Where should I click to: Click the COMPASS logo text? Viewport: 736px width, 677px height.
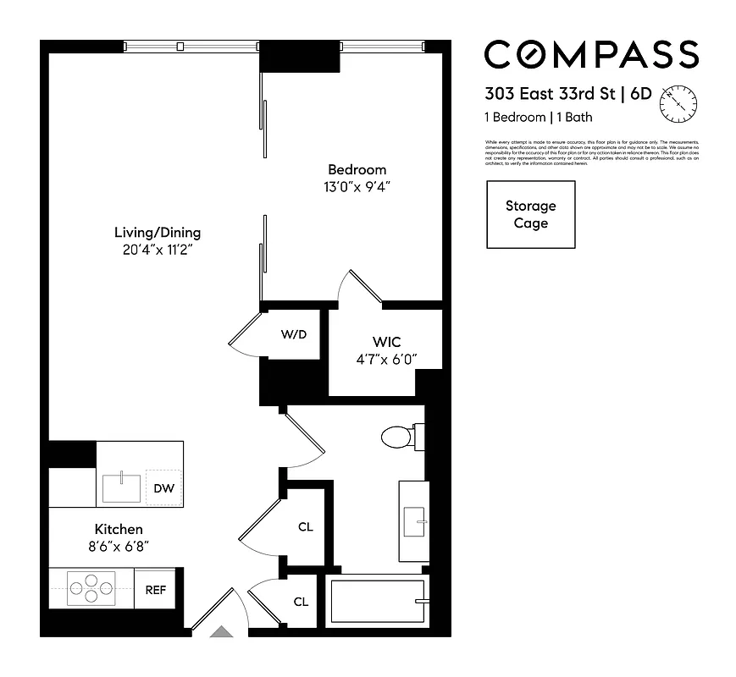[x=591, y=55]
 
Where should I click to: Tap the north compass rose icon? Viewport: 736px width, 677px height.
[x=679, y=102]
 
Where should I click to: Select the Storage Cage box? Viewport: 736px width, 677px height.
[x=530, y=215]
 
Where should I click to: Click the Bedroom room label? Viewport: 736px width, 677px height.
[x=357, y=169]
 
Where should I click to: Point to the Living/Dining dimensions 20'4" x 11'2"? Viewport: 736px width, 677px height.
[x=158, y=250]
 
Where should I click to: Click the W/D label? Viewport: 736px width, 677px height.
[x=293, y=334]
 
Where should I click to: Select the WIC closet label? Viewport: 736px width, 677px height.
[x=385, y=342]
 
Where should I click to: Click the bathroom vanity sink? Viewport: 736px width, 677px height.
[x=413, y=522]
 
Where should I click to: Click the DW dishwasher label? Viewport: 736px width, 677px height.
[x=163, y=488]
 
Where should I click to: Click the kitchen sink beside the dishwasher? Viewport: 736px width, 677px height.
[x=122, y=488]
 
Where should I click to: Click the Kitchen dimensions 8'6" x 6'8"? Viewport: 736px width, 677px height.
[x=119, y=547]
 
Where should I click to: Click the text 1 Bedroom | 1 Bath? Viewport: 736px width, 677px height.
[x=539, y=117]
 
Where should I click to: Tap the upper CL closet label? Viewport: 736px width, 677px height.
[x=306, y=527]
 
